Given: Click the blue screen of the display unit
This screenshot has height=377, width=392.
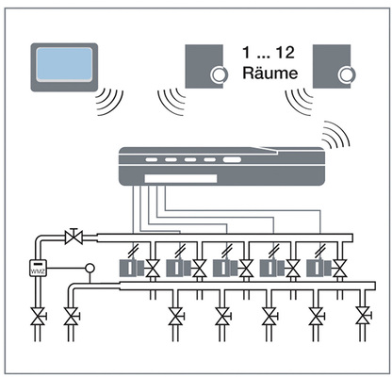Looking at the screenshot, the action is click(x=64, y=64).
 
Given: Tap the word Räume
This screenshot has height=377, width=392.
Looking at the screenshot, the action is click(x=270, y=73).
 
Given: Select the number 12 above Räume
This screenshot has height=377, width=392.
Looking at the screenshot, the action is click(x=286, y=52).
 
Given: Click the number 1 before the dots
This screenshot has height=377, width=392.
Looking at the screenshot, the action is click(x=246, y=52).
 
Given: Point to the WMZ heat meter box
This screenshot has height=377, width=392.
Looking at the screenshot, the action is click(x=38, y=269).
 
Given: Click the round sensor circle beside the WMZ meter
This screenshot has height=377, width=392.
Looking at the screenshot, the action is click(x=90, y=269).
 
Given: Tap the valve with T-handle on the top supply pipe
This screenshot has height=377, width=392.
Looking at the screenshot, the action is click(x=73, y=237).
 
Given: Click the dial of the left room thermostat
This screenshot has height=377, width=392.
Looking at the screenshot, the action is click(x=218, y=75).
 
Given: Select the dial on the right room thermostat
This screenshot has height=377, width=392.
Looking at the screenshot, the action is click(x=346, y=75).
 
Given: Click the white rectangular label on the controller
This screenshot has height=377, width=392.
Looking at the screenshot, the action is click(x=181, y=179).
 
